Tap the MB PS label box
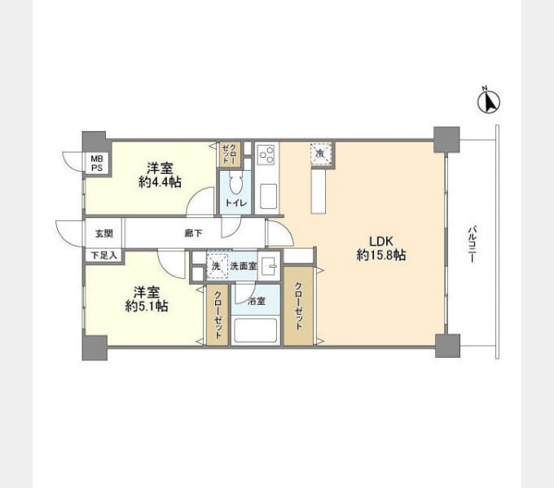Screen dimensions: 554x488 click(x=97, y=163)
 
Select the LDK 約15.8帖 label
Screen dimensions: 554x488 click(x=381, y=248)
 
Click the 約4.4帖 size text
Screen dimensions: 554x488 click(x=160, y=182)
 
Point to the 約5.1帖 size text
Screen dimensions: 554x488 click(x=147, y=306)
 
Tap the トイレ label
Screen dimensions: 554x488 click(x=236, y=203)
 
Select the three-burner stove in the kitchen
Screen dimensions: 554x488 click(x=266, y=155)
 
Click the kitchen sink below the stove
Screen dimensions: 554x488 click(x=269, y=196)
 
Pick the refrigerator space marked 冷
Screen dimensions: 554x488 click(x=321, y=154)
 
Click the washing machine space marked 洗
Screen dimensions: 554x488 click(x=217, y=266)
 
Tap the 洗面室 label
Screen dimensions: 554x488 click(x=244, y=266)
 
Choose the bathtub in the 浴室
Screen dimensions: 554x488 click(x=256, y=330)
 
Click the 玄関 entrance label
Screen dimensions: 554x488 click(x=104, y=233)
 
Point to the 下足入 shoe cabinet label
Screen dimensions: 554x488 click(x=104, y=255)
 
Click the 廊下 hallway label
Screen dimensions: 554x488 click(x=193, y=233)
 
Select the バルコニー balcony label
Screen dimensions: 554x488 click(x=472, y=244)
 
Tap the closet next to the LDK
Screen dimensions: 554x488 click(x=298, y=306)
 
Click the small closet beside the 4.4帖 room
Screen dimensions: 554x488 click(x=230, y=155)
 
